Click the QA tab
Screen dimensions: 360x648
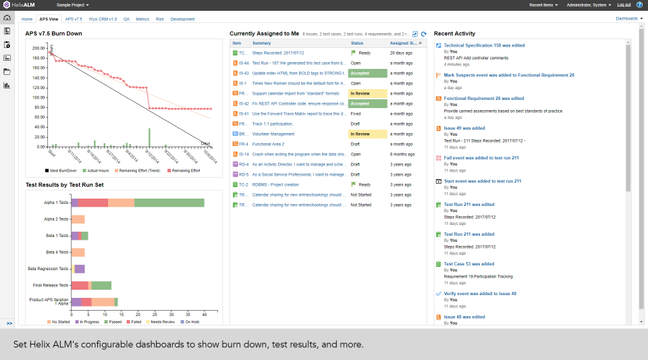pos(126,19)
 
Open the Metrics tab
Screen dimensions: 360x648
pos(142,19)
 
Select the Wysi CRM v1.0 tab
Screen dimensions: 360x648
pos(103,19)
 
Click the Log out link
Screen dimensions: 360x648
pos(624,5)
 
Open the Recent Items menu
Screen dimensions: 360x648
pos(544,5)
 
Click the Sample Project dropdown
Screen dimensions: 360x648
pos(73,5)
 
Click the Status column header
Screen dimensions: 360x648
pos(357,43)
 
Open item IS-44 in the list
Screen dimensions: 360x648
pos(244,63)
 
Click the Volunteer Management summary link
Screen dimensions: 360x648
pos(273,134)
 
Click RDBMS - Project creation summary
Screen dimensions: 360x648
pos(275,184)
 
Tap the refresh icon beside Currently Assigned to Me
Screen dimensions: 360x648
pos(424,34)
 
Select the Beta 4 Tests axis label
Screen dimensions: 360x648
pos(56,252)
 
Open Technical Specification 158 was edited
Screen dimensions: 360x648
pos(484,45)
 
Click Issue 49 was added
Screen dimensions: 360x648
pos(464,128)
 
